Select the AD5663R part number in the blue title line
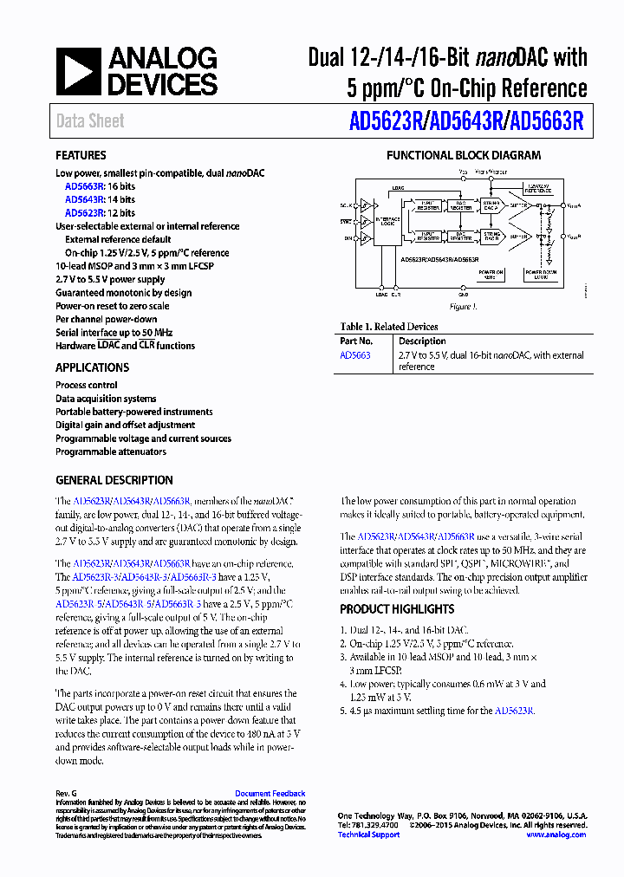(x=547, y=121)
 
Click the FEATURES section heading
(x=81, y=155)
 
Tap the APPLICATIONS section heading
(x=92, y=367)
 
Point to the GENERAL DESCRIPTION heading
(x=114, y=480)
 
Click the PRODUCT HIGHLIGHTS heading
(x=396, y=609)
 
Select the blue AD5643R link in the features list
(x=84, y=199)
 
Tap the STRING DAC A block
(x=490, y=206)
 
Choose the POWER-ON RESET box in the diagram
(x=491, y=274)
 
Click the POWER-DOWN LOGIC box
(x=541, y=274)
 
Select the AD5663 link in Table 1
(x=354, y=355)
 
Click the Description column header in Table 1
(x=422, y=341)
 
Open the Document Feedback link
(x=270, y=794)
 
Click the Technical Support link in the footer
(x=368, y=835)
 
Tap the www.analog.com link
(x=556, y=835)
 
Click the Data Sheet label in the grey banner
(x=90, y=121)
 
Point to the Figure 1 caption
(x=463, y=306)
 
